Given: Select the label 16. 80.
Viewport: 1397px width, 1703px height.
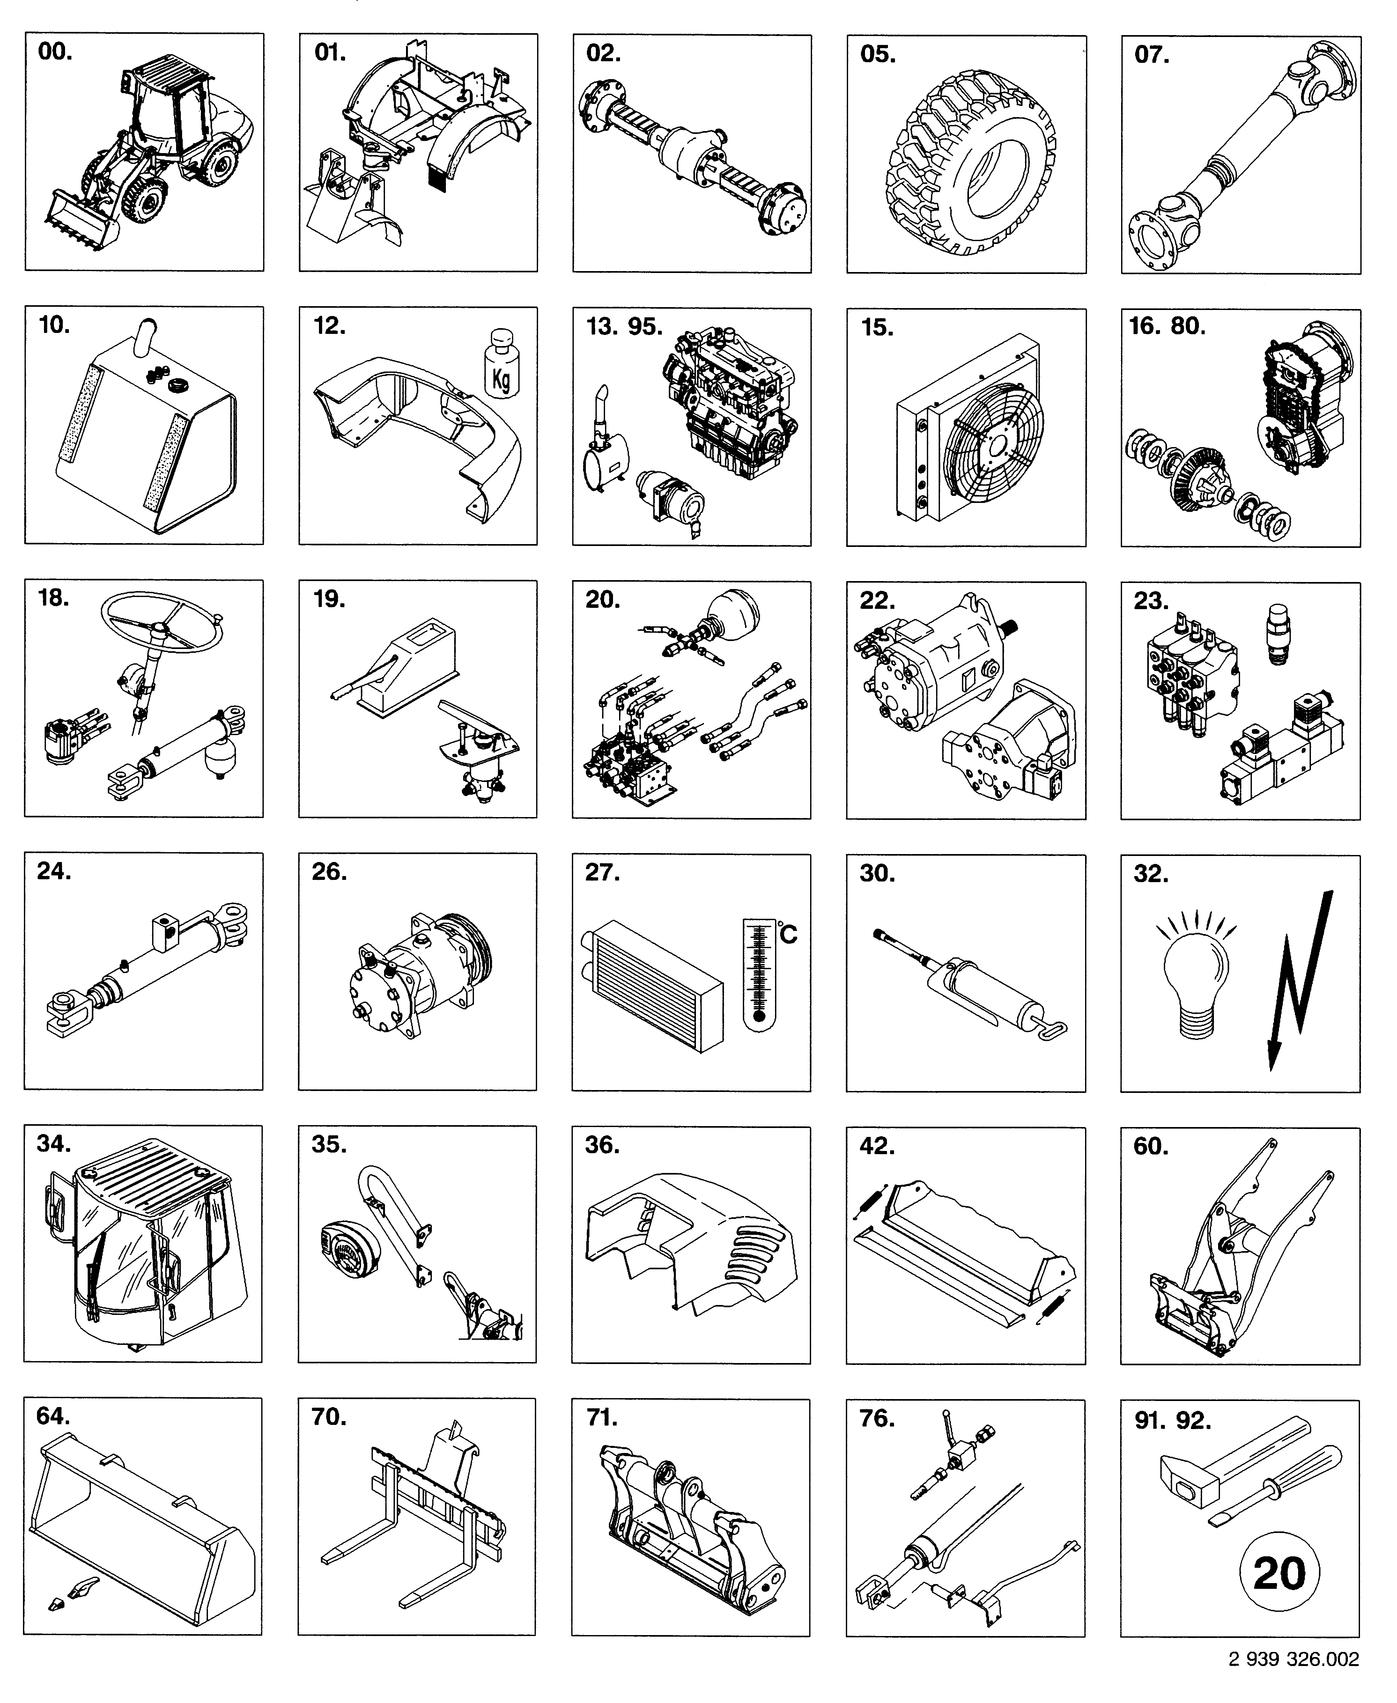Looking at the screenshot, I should coord(1167,327).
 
